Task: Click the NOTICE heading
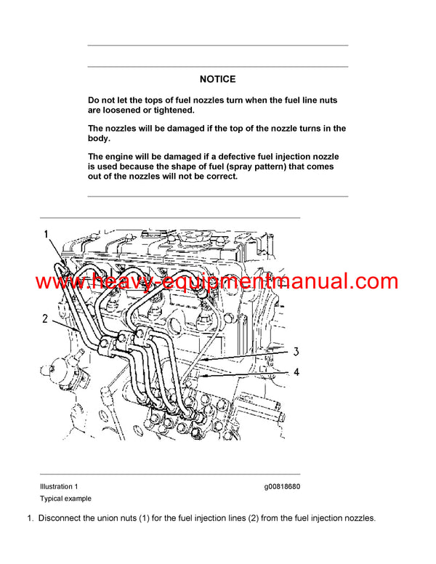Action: pos(217,79)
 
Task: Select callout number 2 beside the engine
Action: pos(44,318)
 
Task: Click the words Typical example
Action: pos(65,499)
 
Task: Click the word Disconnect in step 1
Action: pos(62,518)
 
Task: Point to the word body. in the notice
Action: pos(99,138)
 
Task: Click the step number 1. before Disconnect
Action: pos(31,518)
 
